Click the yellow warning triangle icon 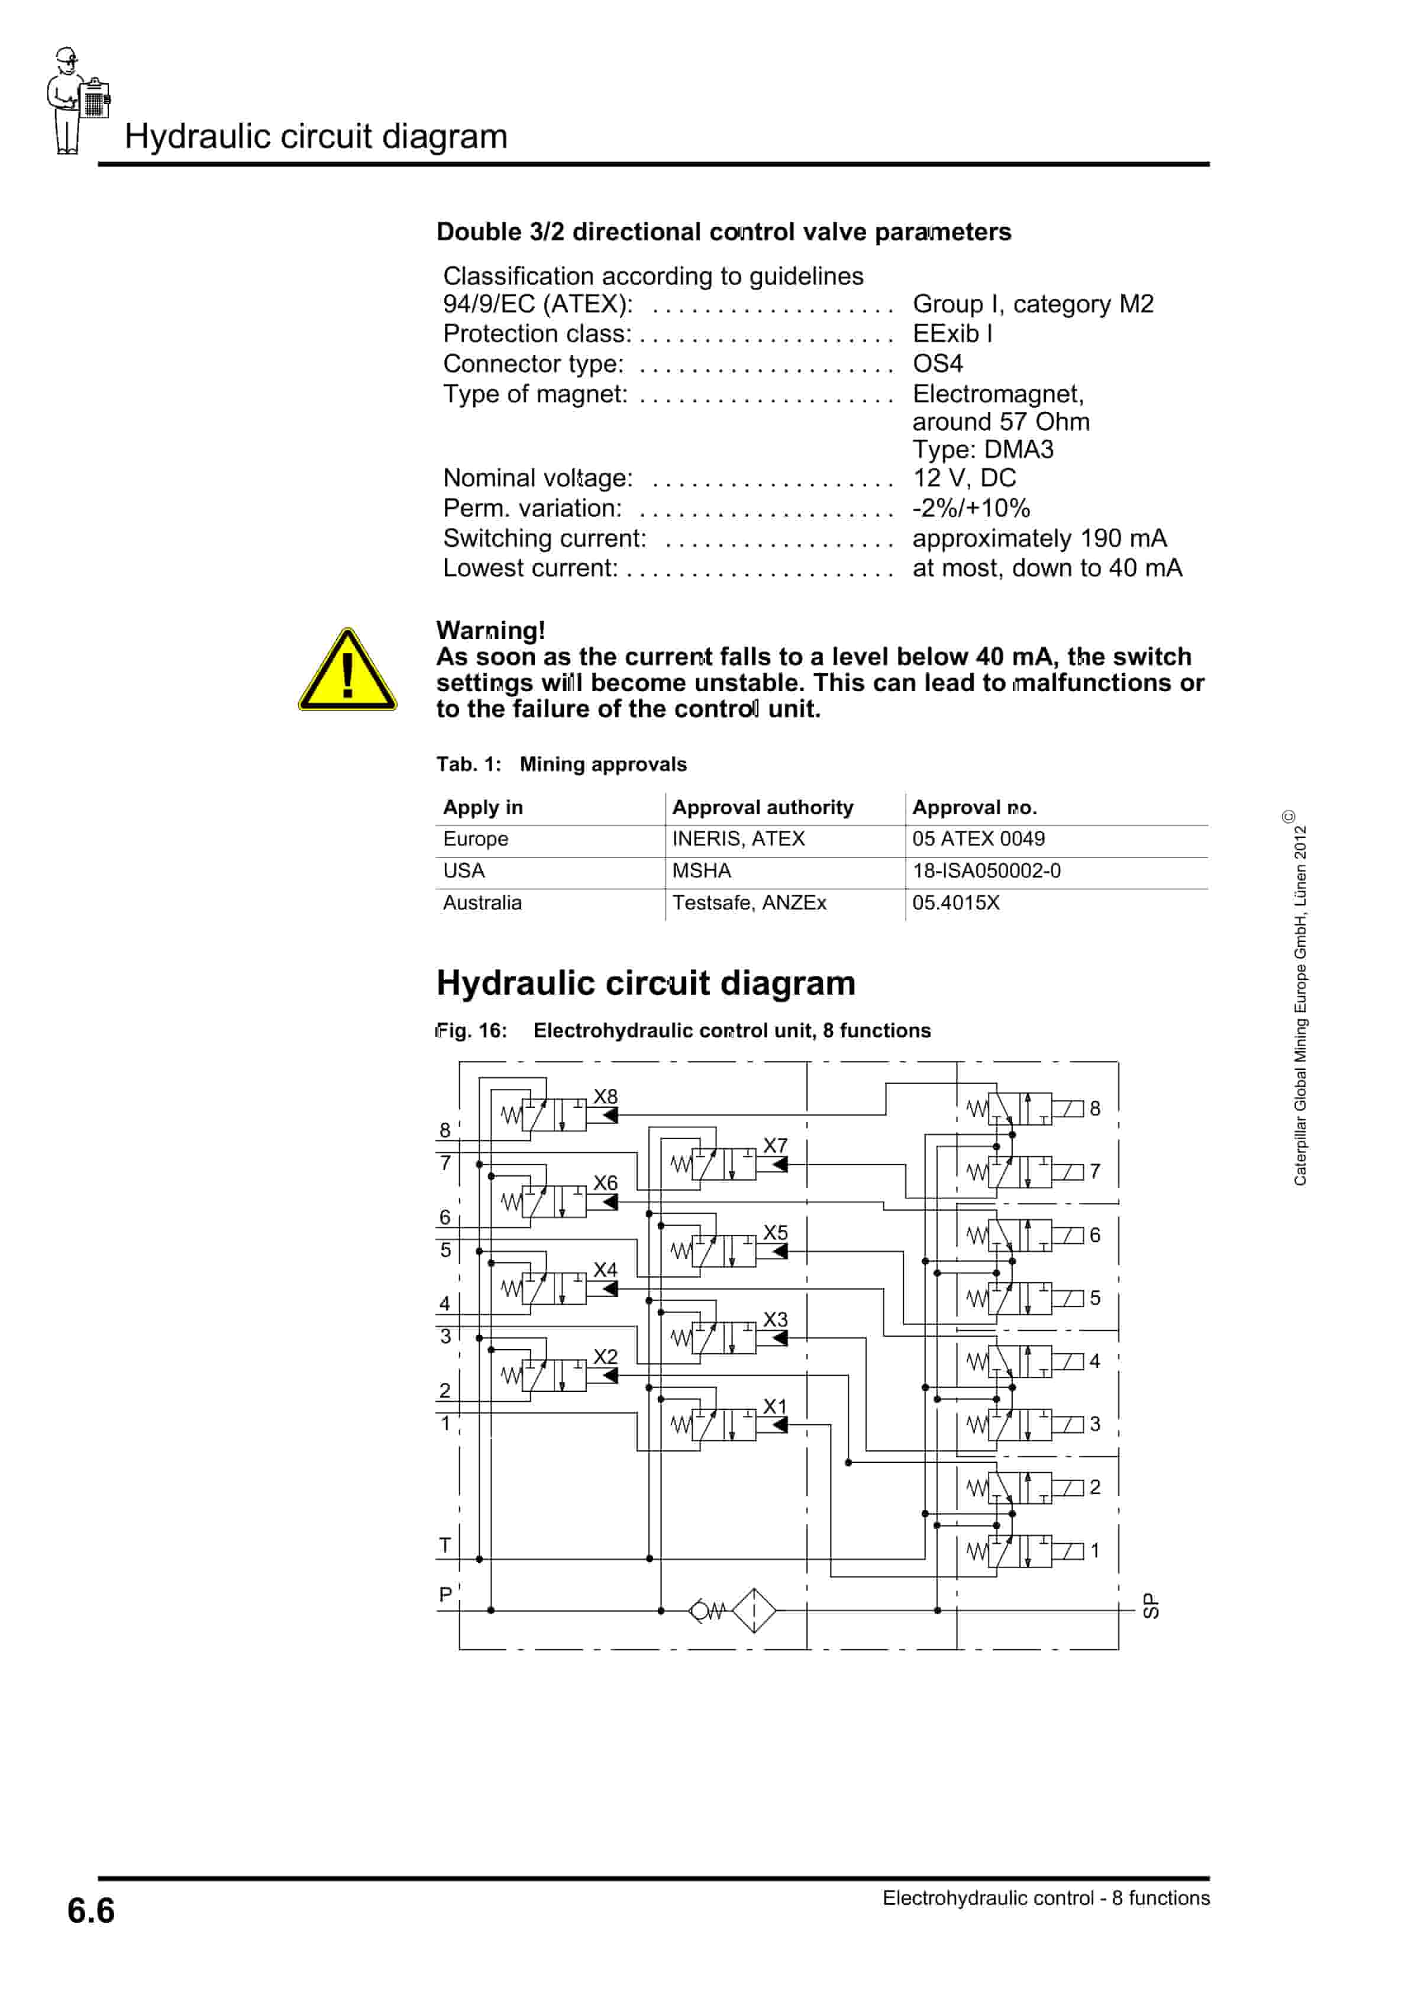[x=347, y=672]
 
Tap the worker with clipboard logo [x=76, y=101]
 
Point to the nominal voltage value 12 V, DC [x=964, y=478]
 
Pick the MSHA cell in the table [x=702, y=870]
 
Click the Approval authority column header [x=762, y=807]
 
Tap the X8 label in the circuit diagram [x=605, y=1097]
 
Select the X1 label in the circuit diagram [x=774, y=1406]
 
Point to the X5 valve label [x=775, y=1233]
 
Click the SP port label [x=1150, y=1606]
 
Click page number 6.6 [x=91, y=1911]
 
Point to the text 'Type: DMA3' [x=983, y=450]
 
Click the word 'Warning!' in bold [x=490, y=630]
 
